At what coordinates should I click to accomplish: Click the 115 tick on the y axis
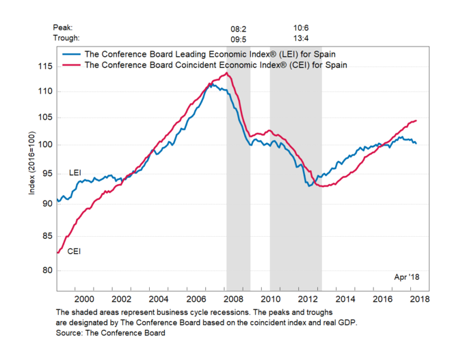coord(45,66)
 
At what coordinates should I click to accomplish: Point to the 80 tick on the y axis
coord(47,270)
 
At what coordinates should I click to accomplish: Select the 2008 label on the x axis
coord(234,298)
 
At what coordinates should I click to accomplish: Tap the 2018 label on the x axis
coord(419,298)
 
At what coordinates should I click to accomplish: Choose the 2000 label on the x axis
coord(85,298)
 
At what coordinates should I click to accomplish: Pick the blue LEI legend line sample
coord(70,53)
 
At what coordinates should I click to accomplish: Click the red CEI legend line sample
coord(70,65)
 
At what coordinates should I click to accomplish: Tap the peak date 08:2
coord(239,29)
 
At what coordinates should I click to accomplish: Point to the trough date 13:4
coord(300,38)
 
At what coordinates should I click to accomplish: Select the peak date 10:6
coord(300,29)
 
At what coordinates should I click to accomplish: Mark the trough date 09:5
coord(239,38)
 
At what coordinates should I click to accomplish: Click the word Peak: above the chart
coord(64,28)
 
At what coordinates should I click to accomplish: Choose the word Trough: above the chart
coord(66,38)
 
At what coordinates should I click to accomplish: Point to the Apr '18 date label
coord(405,277)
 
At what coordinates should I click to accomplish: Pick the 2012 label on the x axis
coord(308,298)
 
